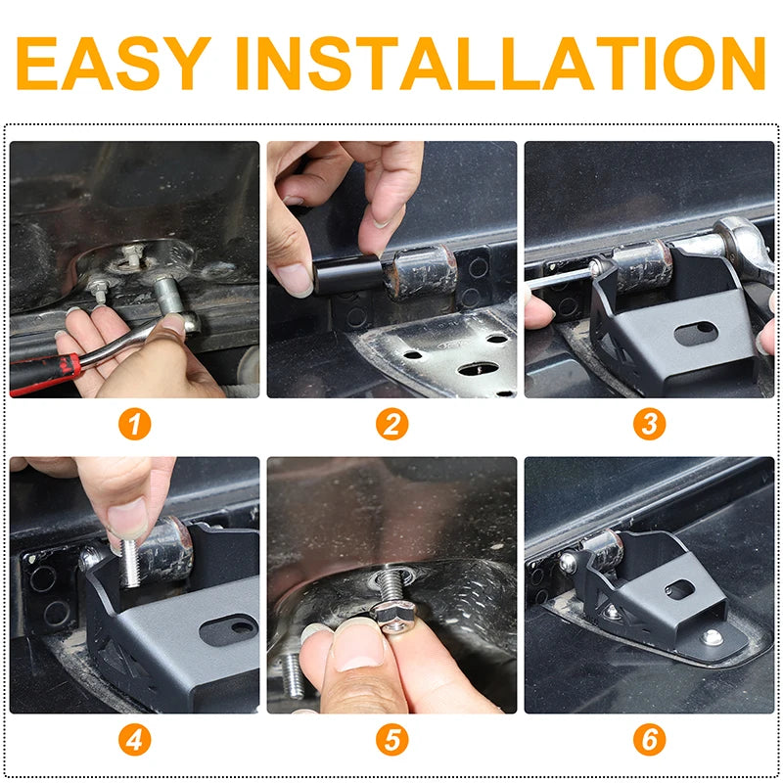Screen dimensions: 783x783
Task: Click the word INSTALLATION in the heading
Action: (500, 63)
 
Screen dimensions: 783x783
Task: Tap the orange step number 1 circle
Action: (134, 425)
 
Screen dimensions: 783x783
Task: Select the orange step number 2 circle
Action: (392, 425)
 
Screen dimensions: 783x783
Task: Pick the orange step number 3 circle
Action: (649, 425)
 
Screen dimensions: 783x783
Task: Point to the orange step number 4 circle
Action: (134, 740)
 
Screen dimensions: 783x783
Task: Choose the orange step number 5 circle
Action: (392, 740)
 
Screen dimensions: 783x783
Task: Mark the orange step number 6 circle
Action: (649, 740)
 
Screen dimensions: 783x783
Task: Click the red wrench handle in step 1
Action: (44, 373)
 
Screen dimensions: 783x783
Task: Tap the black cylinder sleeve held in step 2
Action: (348, 274)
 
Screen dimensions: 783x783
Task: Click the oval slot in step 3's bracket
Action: (696, 334)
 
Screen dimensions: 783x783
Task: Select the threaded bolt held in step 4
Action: (131, 562)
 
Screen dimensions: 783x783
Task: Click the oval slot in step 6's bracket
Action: (679, 590)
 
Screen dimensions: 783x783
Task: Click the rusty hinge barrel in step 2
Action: (420, 273)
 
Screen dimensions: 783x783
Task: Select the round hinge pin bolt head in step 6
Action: (568, 562)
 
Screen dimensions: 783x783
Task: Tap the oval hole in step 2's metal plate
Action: (478, 369)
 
